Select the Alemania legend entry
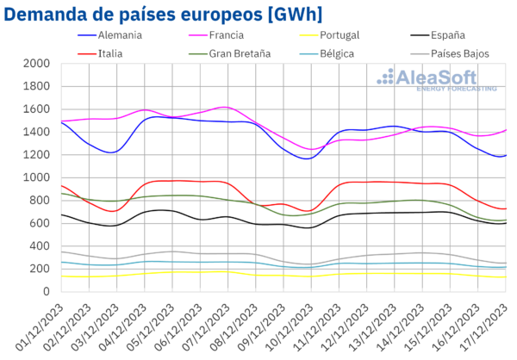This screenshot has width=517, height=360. pos(119,36)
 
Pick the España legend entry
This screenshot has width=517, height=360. pos(446,36)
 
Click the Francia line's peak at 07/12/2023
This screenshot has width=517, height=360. pos(225,107)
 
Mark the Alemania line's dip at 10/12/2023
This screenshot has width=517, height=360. pos(308,158)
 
